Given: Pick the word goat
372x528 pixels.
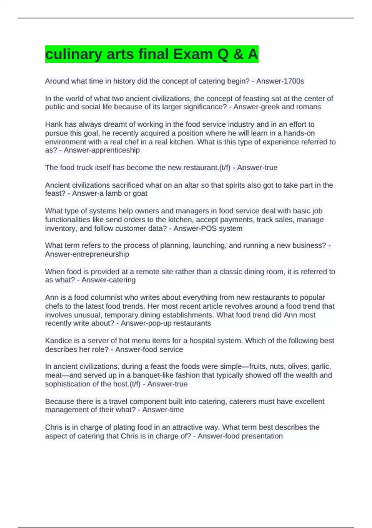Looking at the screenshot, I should click(x=140, y=193).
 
